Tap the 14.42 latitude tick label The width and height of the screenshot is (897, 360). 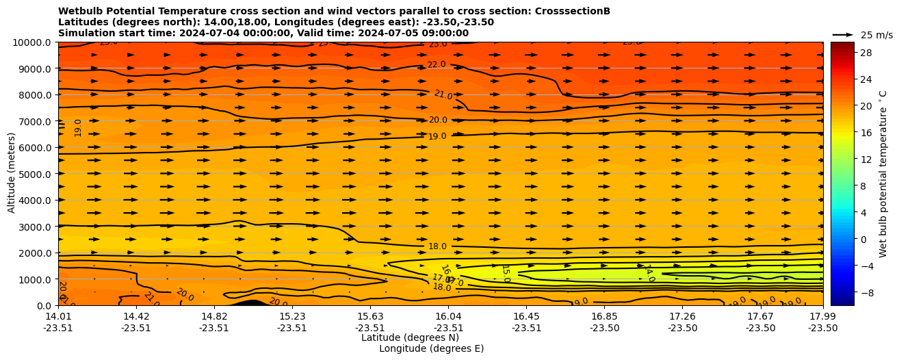pyautogui.click(x=136, y=316)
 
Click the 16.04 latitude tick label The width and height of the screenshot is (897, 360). pyautogui.click(x=448, y=316)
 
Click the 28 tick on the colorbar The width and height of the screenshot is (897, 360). pyautogui.click(x=866, y=53)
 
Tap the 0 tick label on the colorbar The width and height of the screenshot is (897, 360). pyautogui.click(x=863, y=239)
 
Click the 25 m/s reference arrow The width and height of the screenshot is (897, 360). pyautogui.click(x=842, y=34)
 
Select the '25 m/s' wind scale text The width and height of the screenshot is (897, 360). pyautogui.click(x=876, y=35)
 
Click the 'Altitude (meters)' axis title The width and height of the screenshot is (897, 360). pyautogui.click(x=12, y=174)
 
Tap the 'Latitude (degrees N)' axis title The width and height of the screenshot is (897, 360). pyautogui.click(x=410, y=337)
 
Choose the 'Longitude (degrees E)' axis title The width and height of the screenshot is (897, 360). pyautogui.click(x=431, y=348)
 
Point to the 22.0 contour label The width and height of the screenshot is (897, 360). pyautogui.click(x=437, y=65)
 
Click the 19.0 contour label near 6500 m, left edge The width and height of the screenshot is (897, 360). pyautogui.click(x=78, y=127)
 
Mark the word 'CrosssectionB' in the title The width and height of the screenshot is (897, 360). pyautogui.click(x=574, y=11)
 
